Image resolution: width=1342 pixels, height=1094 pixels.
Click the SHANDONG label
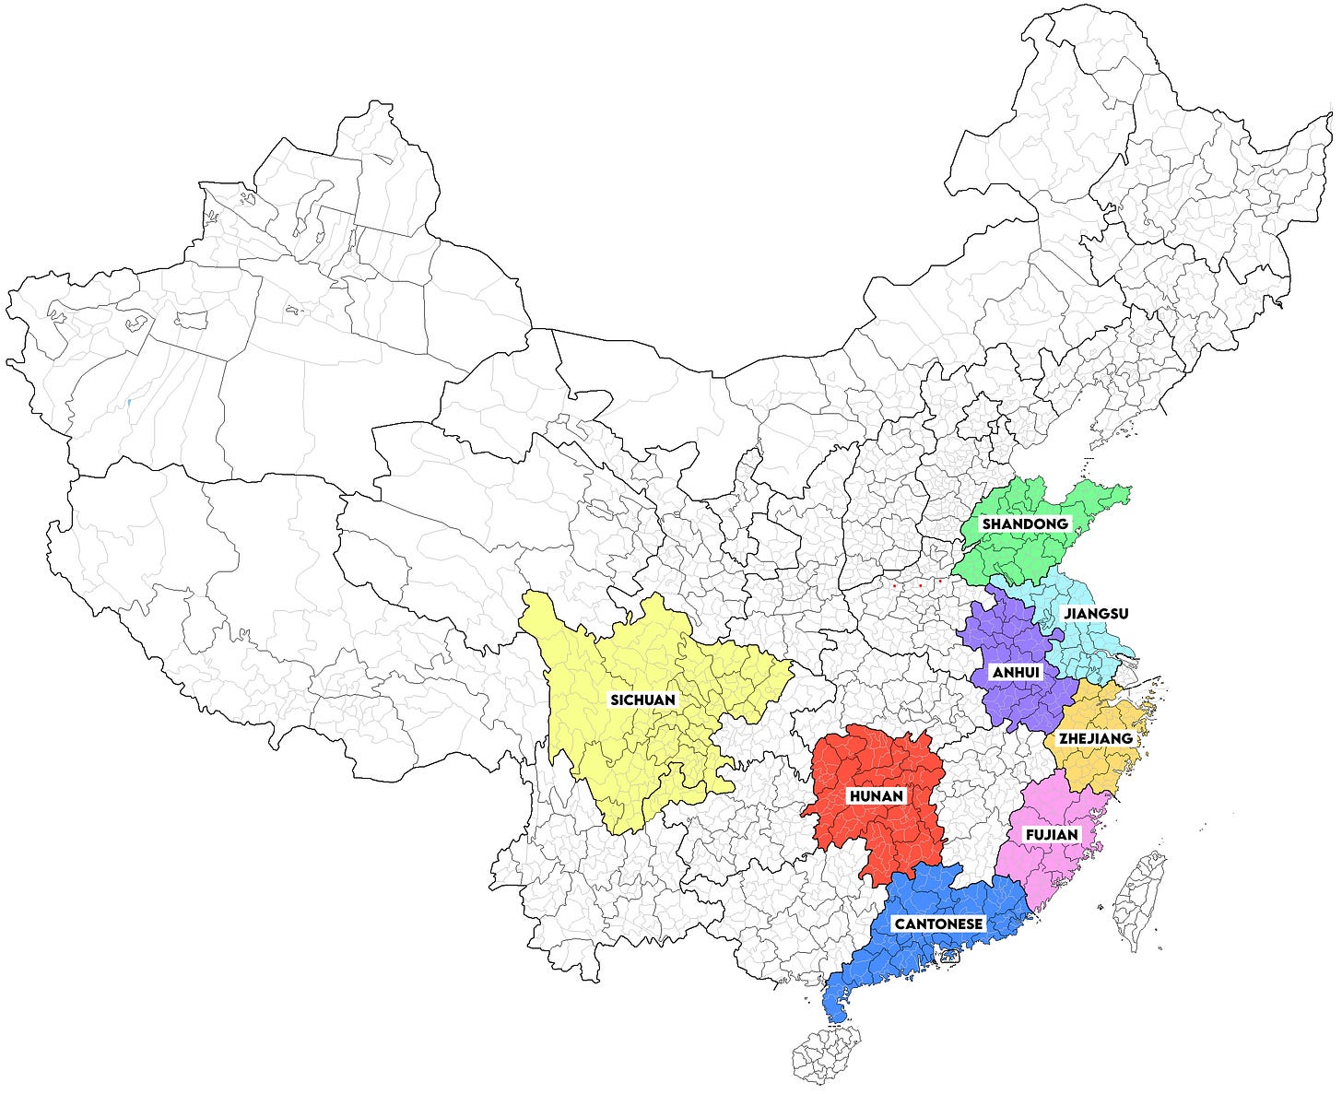[1025, 523]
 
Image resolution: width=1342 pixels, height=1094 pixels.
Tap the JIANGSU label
[1095, 613]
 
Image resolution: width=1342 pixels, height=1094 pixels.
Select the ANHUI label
[1016, 673]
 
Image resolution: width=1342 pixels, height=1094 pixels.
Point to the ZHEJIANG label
[1095, 738]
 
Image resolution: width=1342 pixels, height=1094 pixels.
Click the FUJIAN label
[1052, 835]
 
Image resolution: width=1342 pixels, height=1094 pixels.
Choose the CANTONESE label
[938, 923]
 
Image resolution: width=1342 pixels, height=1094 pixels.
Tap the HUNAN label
[877, 795]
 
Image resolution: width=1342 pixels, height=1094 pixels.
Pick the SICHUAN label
[643, 700]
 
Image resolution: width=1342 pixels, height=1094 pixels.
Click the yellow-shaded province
[627, 756]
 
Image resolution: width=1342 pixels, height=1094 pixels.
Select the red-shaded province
[885, 829]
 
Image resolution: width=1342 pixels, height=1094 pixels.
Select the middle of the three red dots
[920, 585]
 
